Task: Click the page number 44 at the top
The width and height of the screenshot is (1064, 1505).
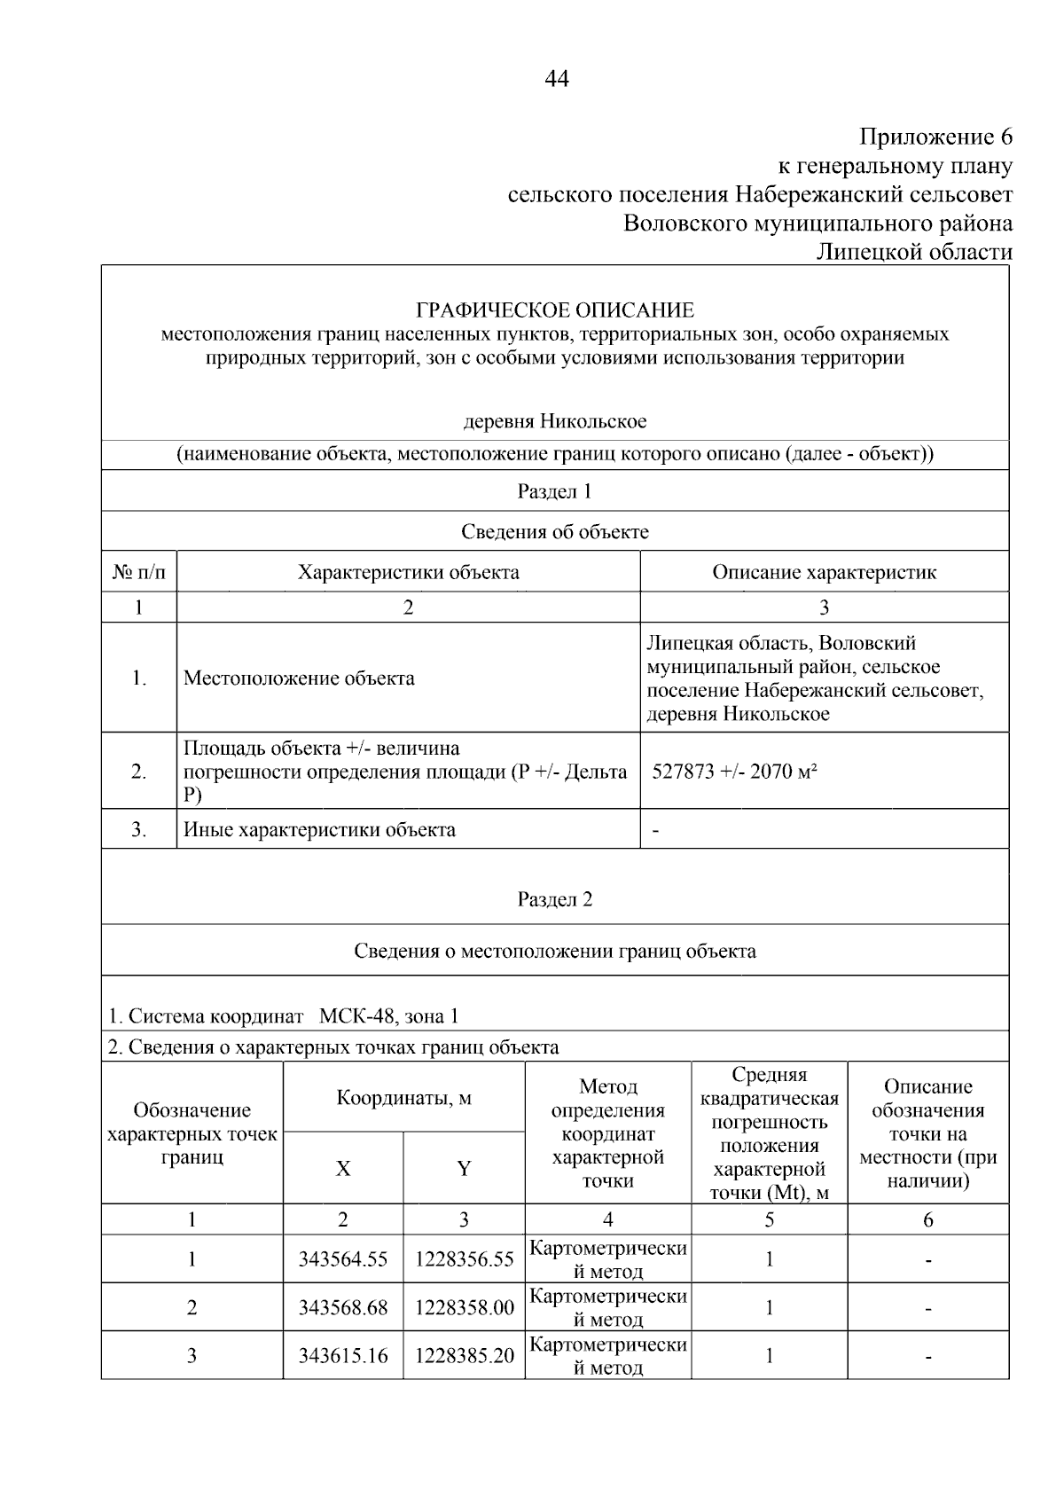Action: coord(556,79)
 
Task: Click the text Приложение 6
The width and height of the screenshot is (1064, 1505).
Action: coord(935,137)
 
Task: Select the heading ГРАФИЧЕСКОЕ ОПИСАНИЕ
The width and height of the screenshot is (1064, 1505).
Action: coord(555,310)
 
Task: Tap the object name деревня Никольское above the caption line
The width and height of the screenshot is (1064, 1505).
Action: coord(555,421)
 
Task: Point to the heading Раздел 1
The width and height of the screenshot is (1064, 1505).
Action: coord(555,491)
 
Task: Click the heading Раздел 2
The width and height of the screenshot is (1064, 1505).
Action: coord(555,899)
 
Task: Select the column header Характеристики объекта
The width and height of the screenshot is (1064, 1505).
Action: coord(408,572)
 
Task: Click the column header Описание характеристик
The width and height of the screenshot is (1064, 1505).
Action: coord(824,572)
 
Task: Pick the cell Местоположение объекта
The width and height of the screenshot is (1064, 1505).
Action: coord(299,678)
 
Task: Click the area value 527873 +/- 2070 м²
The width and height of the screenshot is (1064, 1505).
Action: coord(734,772)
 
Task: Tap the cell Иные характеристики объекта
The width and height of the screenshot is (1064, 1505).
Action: coord(319,830)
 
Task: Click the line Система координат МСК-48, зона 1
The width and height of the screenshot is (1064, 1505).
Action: coord(284,1016)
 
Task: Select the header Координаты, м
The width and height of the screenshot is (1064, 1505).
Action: coord(404,1098)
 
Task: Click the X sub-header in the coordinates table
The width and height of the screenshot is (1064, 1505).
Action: coord(343,1169)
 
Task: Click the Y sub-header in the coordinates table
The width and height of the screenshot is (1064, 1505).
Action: coord(464,1169)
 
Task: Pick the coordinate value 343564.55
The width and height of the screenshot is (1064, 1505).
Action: coord(343,1260)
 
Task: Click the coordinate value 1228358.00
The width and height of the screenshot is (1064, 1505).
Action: coord(464,1308)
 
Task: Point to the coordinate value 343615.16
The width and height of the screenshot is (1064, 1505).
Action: coord(343,1356)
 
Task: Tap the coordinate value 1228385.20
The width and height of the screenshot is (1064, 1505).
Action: coord(464,1356)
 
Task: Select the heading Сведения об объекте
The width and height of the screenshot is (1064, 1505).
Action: coord(555,532)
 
